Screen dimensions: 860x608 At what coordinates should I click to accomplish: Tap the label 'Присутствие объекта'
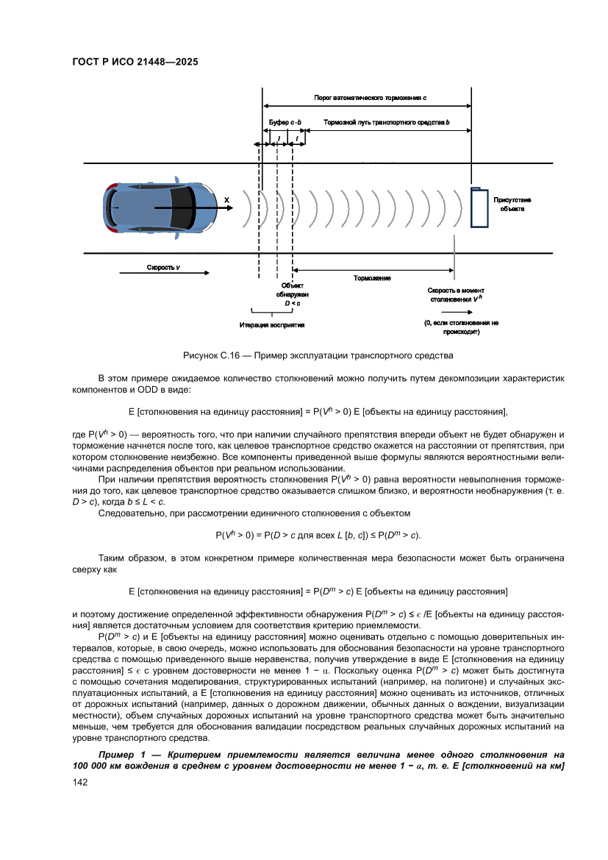pos(512,204)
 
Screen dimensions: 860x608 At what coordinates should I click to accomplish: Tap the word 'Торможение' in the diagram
pos(372,278)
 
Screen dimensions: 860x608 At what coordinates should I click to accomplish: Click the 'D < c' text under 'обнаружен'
pos(292,302)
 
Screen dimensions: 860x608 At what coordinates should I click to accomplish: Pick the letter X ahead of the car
pos(226,199)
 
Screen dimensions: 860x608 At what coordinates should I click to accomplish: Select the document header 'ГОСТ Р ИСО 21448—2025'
pos(135,62)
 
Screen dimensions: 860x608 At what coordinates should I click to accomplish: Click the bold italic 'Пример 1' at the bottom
pos(122,755)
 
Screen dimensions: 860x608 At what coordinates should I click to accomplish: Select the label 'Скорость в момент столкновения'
pos(456,294)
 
